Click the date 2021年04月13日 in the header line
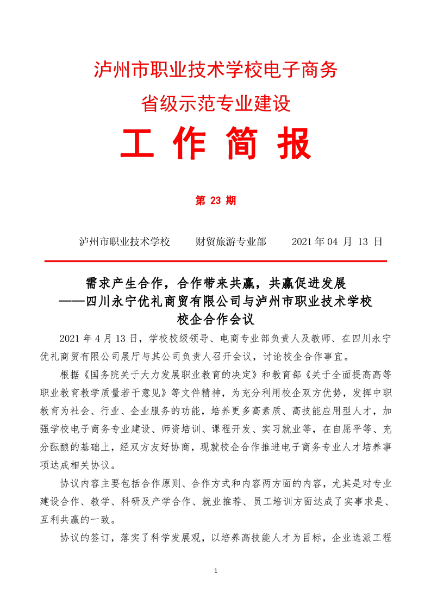[337, 241]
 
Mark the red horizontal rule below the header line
[215, 262]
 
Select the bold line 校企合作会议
[216, 316]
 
